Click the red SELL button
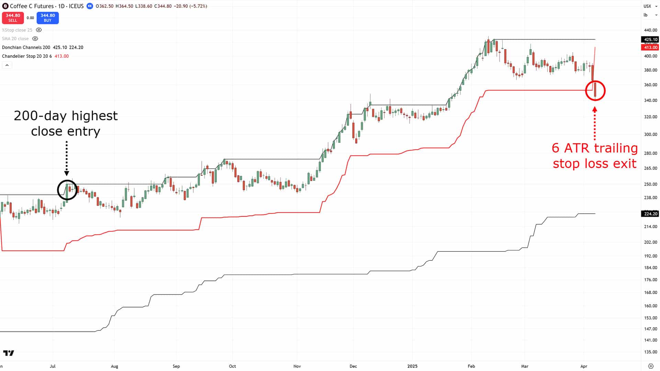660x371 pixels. pyautogui.click(x=13, y=18)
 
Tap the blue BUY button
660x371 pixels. pyautogui.click(x=47, y=18)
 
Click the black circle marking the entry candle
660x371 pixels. pyautogui.click(x=67, y=190)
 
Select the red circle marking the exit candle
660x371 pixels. pyautogui.click(x=595, y=91)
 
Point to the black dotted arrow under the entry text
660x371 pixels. pyautogui.click(x=67, y=158)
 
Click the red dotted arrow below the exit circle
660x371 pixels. pyautogui.click(x=595, y=124)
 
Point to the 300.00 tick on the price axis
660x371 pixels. pyautogui.click(x=650, y=134)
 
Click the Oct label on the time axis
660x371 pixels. pyautogui.click(x=233, y=366)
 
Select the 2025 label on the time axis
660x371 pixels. pyautogui.click(x=412, y=366)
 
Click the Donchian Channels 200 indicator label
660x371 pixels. pyautogui.click(x=26, y=47)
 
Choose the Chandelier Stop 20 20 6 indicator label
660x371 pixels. pyautogui.click(x=27, y=56)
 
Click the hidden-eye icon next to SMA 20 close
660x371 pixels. pyautogui.click(x=35, y=39)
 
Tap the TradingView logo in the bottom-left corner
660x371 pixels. pyautogui.click(x=9, y=353)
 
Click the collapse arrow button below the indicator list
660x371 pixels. pyautogui.click(x=7, y=65)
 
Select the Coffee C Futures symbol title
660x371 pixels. pyautogui.click(x=32, y=6)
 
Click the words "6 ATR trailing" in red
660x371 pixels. pyautogui.click(x=595, y=148)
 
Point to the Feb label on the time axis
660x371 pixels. pyautogui.click(x=471, y=366)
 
